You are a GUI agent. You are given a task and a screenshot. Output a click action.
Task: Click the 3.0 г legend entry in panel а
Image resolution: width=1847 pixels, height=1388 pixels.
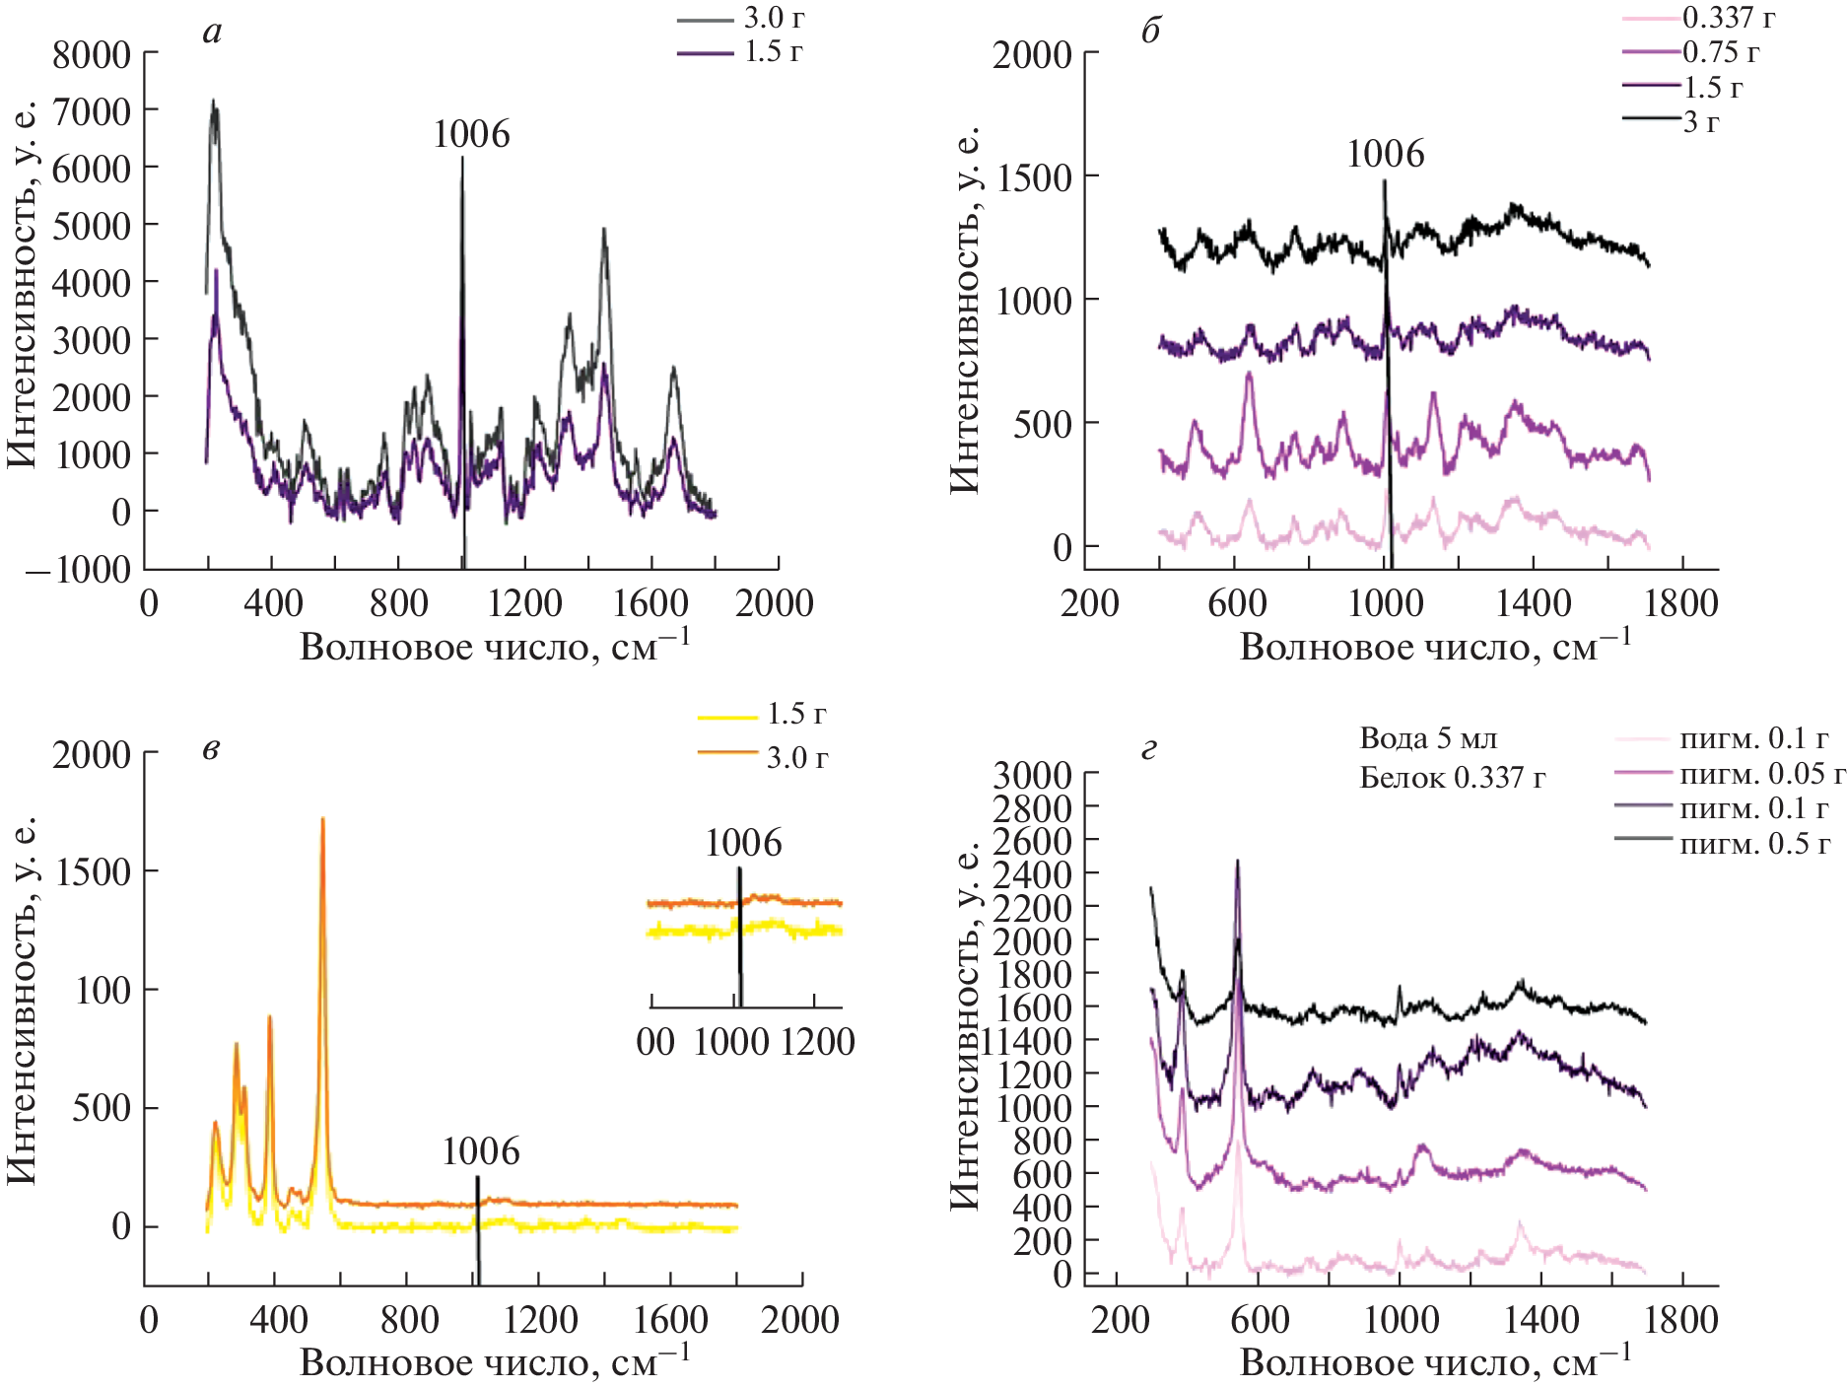(774, 18)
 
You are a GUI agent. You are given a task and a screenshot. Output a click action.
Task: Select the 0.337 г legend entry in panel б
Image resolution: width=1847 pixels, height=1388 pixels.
(1728, 18)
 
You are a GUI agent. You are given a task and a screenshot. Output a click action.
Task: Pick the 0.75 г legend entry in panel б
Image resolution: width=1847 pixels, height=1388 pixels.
(1720, 52)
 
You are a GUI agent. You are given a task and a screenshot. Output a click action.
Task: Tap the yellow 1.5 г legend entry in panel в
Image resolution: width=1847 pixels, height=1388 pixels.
(795, 715)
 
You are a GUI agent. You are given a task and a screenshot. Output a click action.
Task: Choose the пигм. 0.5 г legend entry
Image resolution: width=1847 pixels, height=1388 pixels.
(1754, 844)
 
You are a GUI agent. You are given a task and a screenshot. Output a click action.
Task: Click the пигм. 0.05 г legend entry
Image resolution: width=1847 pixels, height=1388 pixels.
(1761, 773)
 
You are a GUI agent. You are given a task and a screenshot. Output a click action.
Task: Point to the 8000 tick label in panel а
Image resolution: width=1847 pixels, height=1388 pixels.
(91, 55)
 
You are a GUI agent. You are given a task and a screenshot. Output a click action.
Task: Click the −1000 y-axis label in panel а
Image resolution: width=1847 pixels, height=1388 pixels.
(79, 570)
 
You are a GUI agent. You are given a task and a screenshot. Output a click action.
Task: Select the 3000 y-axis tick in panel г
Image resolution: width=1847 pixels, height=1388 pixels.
(1031, 776)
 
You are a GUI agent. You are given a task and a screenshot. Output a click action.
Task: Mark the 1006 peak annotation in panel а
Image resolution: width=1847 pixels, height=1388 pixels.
(471, 135)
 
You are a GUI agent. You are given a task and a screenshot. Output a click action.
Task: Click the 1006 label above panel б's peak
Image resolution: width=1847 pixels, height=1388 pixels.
(1385, 155)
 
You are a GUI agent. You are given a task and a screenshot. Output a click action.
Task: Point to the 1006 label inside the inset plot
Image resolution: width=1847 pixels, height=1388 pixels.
(743, 844)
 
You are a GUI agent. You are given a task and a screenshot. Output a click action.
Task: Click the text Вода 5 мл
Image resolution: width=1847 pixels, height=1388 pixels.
(1428, 738)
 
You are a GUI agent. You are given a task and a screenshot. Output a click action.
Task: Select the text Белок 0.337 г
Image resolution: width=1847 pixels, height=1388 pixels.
(1452, 778)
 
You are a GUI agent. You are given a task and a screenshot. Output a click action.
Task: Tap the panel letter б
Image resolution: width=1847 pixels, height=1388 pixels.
(1150, 32)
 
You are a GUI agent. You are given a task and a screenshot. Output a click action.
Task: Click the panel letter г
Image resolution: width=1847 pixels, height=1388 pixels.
(1148, 751)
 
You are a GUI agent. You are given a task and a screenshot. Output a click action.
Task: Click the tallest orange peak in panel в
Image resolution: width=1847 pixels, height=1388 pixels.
(322, 820)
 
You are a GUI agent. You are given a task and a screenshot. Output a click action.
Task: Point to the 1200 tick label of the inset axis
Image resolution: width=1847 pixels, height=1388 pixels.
(817, 1042)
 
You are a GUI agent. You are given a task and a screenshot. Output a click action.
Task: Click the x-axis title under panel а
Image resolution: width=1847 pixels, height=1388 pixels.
(495, 647)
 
